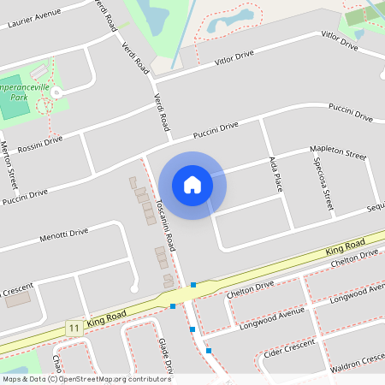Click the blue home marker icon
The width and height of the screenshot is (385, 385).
click(x=192, y=185)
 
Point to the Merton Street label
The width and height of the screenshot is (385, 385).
click(x=11, y=167)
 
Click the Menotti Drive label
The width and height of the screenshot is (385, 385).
click(x=64, y=233)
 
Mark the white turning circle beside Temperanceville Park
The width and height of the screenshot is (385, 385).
click(x=56, y=92)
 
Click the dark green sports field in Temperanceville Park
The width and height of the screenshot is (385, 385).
click(x=15, y=108)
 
